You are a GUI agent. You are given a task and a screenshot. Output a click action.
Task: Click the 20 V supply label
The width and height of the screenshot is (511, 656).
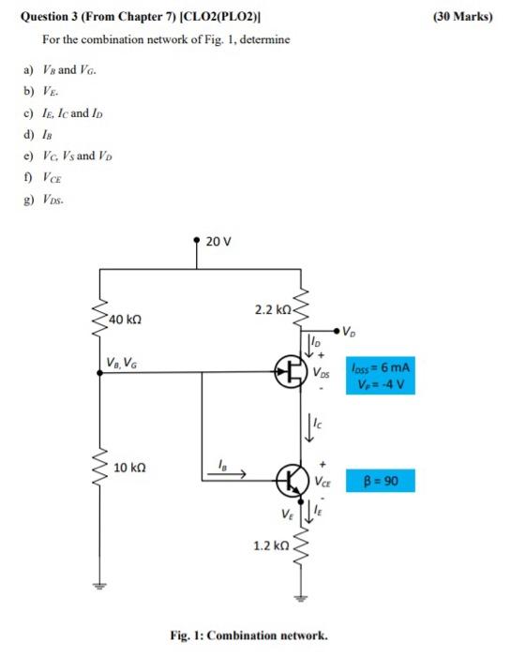[x=217, y=241]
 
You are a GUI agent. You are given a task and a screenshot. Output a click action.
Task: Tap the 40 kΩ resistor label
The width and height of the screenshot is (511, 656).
[x=126, y=320]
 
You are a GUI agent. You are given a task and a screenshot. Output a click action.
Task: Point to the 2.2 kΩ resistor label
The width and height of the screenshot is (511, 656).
[x=271, y=308]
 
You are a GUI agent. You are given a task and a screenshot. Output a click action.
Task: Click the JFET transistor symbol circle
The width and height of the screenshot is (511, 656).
[x=288, y=372]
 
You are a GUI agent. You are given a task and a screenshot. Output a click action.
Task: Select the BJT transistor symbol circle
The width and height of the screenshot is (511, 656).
[x=292, y=483]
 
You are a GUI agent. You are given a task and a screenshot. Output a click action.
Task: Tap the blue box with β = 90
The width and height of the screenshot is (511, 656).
[x=379, y=483]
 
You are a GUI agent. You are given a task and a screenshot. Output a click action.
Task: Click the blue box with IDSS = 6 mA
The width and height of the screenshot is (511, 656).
[x=380, y=375]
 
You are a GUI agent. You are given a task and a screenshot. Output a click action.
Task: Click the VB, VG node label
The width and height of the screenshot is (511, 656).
[x=125, y=363]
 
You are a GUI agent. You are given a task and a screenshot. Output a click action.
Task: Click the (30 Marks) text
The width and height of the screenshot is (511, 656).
[x=463, y=16]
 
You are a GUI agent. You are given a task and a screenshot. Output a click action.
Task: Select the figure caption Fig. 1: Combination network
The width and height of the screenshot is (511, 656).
[x=249, y=635]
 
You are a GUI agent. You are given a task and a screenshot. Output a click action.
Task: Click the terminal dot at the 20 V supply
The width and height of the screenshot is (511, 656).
[x=197, y=241]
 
